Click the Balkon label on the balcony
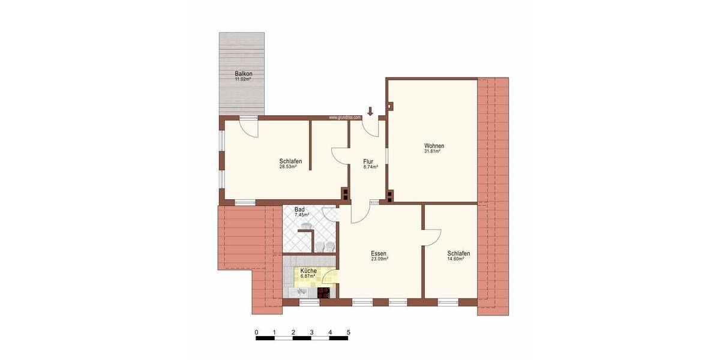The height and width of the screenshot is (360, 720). [x=242, y=74]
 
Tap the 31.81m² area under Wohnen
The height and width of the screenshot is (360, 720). [x=434, y=152]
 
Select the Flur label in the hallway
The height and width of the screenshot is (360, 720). [x=369, y=161]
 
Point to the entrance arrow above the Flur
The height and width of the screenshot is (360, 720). [x=370, y=111]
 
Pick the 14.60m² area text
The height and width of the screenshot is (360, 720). [x=458, y=259]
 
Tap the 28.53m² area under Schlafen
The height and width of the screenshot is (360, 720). [x=290, y=167]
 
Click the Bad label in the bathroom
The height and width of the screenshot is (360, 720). [x=299, y=209]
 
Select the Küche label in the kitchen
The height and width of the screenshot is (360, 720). [x=308, y=271]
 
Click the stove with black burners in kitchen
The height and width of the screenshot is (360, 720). [x=323, y=293]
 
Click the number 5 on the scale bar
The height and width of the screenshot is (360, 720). [x=349, y=332]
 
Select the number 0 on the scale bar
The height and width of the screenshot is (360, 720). [x=256, y=332]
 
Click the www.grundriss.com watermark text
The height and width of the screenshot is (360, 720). [x=344, y=118]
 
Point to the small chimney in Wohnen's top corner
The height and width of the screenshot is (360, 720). [x=391, y=107]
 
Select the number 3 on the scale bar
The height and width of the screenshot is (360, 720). [x=311, y=332]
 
